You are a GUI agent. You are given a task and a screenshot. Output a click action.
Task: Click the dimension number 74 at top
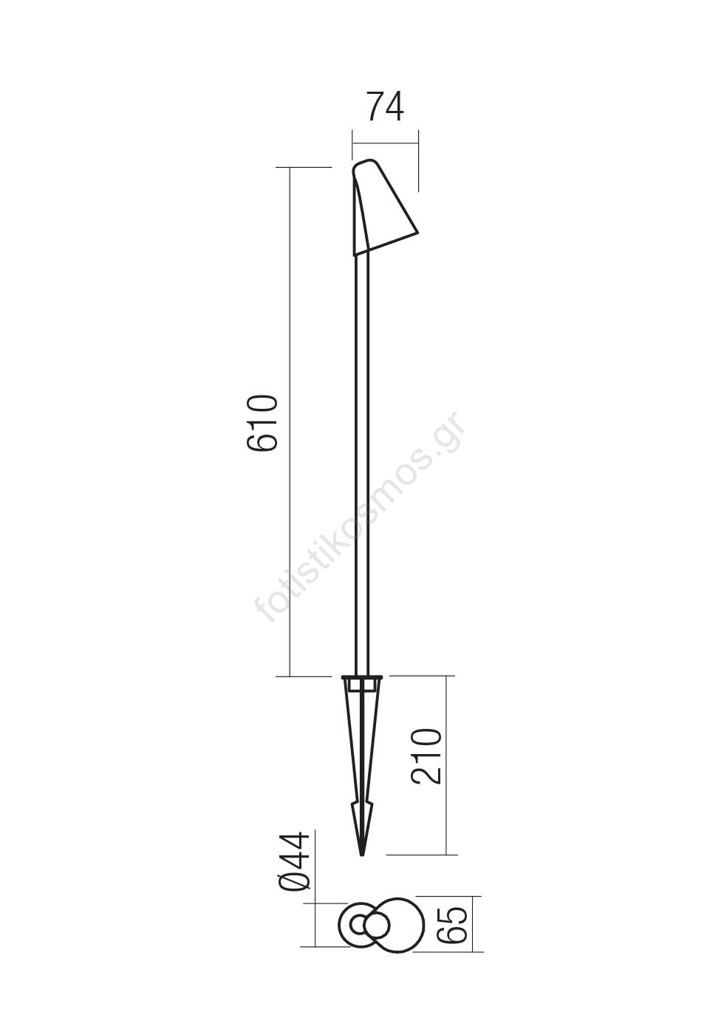pos(385,106)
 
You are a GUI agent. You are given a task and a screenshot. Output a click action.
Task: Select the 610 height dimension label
pos(262,422)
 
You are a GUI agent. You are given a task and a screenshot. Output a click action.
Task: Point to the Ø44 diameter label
pos(294,861)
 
